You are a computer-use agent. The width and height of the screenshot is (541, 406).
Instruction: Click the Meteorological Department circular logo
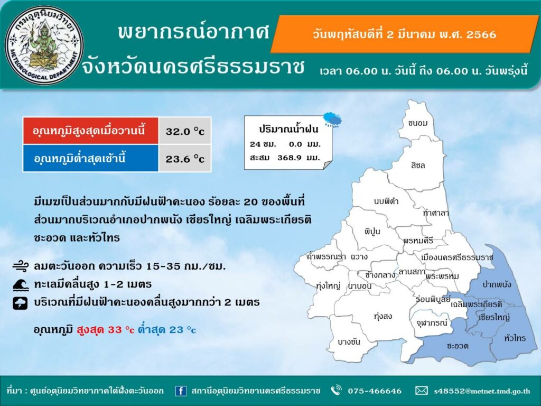click(x=44, y=45)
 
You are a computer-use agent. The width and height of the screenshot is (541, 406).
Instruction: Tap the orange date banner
click(x=404, y=34)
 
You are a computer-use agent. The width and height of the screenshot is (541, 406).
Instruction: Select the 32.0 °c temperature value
click(x=185, y=131)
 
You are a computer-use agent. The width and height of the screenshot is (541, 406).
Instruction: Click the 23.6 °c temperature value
click(x=185, y=159)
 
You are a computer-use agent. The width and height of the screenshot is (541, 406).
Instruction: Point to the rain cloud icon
click(x=332, y=119)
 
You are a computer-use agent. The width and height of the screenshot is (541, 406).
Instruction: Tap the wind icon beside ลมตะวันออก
click(x=21, y=266)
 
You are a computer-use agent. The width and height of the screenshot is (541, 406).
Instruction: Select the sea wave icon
click(x=21, y=285)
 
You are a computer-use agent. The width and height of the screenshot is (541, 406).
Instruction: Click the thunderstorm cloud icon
click(x=21, y=303)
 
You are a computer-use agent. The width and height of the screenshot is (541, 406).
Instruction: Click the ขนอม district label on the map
click(x=417, y=123)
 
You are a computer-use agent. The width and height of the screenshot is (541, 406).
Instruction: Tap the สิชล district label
click(x=418, y=165)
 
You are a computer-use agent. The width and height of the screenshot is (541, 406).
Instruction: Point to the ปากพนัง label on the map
click(x=497, y=284)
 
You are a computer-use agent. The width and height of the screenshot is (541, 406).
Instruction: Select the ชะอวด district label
click(x=458, y=346)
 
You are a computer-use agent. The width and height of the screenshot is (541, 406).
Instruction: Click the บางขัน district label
click(x=349, y=342)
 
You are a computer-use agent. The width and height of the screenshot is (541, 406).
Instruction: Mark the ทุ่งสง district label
click(x=383, y=316)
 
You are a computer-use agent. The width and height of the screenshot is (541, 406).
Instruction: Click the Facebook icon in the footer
click(x=181, y=391)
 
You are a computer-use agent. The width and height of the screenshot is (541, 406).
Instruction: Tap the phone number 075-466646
click(x=375, y=391)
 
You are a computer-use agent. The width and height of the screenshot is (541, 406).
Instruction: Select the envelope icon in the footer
click(x=421, y=391)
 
